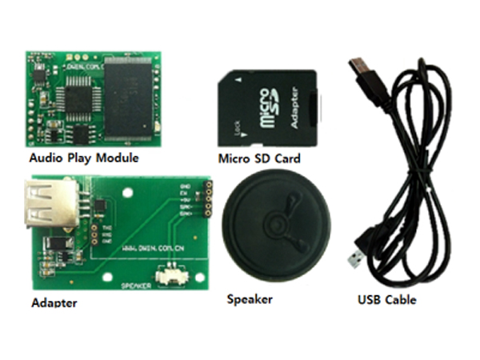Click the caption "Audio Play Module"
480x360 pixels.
(x=84, y=158)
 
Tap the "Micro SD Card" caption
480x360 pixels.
(x=259, y=158)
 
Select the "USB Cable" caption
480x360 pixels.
(x=386, y=300)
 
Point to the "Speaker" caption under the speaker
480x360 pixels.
(x=250, y=299)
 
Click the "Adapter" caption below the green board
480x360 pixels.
(x=54, y=303)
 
